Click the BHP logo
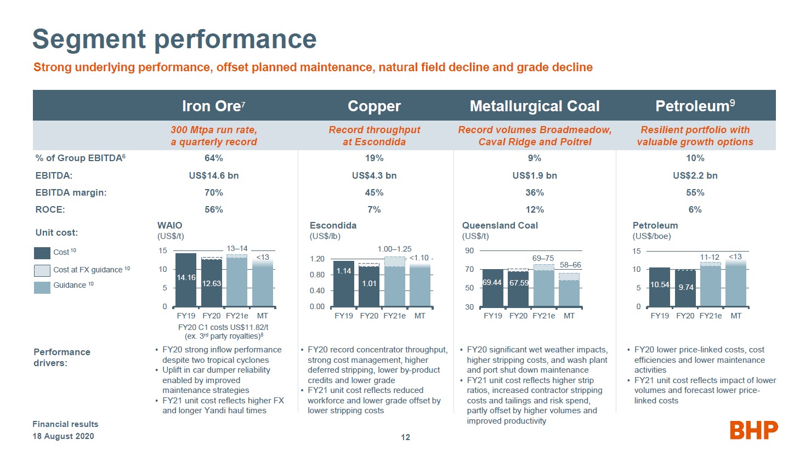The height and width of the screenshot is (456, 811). pyautogui.click(x=753, y=430)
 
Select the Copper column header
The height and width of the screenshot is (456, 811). pyautogui.click(x=374, y=106)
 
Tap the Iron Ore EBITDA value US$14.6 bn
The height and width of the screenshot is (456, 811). pyautogui.click(x=213, y=175)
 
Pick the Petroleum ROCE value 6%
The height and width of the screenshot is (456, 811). pyautogui.click(x=695, y=209)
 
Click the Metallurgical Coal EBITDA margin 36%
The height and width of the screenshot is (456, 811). pyautogui.click(x=535, y=192)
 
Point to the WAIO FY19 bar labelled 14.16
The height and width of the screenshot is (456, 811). pyautogui.click(x=186, y=280)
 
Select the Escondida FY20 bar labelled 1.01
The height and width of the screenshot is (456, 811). pyautogui.click(x=369, y=286)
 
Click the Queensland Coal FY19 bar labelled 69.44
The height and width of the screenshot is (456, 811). pyautogui.click(x=492, y=288)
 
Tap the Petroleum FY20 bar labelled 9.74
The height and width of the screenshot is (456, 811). pyautogui.click(x=685, y=288)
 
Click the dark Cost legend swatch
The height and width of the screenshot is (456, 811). pyautogui.click(x=42, y=253)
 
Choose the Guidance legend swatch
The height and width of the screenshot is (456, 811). pyautogui.click(x=42, y=287)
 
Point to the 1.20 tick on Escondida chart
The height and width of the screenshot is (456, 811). pyautogui.click(x=317, y=259)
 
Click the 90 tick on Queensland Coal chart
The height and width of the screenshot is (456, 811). pyautogui.click(x=469, y=251)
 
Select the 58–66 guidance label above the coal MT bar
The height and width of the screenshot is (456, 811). pyautogui.click(x=570, y=265)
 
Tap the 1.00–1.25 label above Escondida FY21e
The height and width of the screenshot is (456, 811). pyautogui.click(x=394, y=249)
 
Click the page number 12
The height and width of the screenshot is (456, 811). pyautogui.click(x=405, y=437)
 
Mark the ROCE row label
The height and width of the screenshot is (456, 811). pyautogui.click(x=50, y=209)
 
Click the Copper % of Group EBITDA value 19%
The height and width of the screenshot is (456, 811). pyautogui.click(x=374, y=158)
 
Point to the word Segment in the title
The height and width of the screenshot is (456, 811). pyautogui.click(x=89, y=39)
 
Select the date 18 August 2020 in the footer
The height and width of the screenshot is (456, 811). pyautogui.click(x=63, y=436)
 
